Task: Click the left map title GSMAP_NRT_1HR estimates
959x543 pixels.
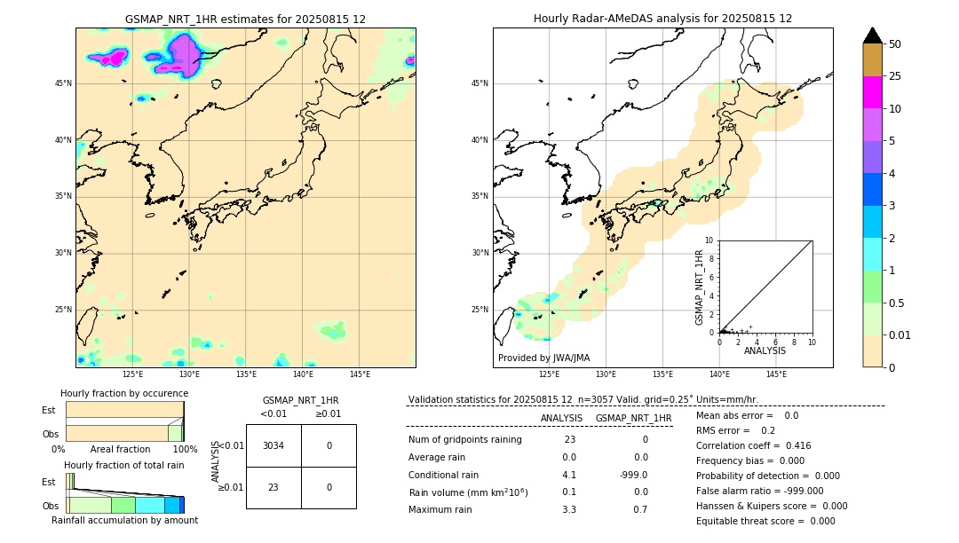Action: coord(245,19)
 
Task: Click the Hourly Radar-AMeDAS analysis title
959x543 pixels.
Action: coord(662,19)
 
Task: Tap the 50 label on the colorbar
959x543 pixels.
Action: coord(895,44)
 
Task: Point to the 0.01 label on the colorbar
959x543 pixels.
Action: coord(900,334)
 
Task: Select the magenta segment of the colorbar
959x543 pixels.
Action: coord(872,92)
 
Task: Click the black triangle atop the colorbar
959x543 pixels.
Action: coord(872,35)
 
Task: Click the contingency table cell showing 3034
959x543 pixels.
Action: coord(273,445)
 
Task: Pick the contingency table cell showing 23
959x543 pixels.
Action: coord(273,487)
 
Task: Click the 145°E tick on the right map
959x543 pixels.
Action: coord(776,374)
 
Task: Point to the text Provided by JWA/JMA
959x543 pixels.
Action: coord(543,358)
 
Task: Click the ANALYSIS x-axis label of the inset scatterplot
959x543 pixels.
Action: coord(765,350)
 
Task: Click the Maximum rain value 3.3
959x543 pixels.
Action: coord(569,509)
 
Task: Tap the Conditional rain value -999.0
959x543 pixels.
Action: coord(633,475)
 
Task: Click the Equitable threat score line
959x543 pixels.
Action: coord(765,521)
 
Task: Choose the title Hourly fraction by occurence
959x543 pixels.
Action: coord(124,393)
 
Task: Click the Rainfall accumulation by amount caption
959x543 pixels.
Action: coord(124,520)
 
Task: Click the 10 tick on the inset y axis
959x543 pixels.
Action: coord(709,240)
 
